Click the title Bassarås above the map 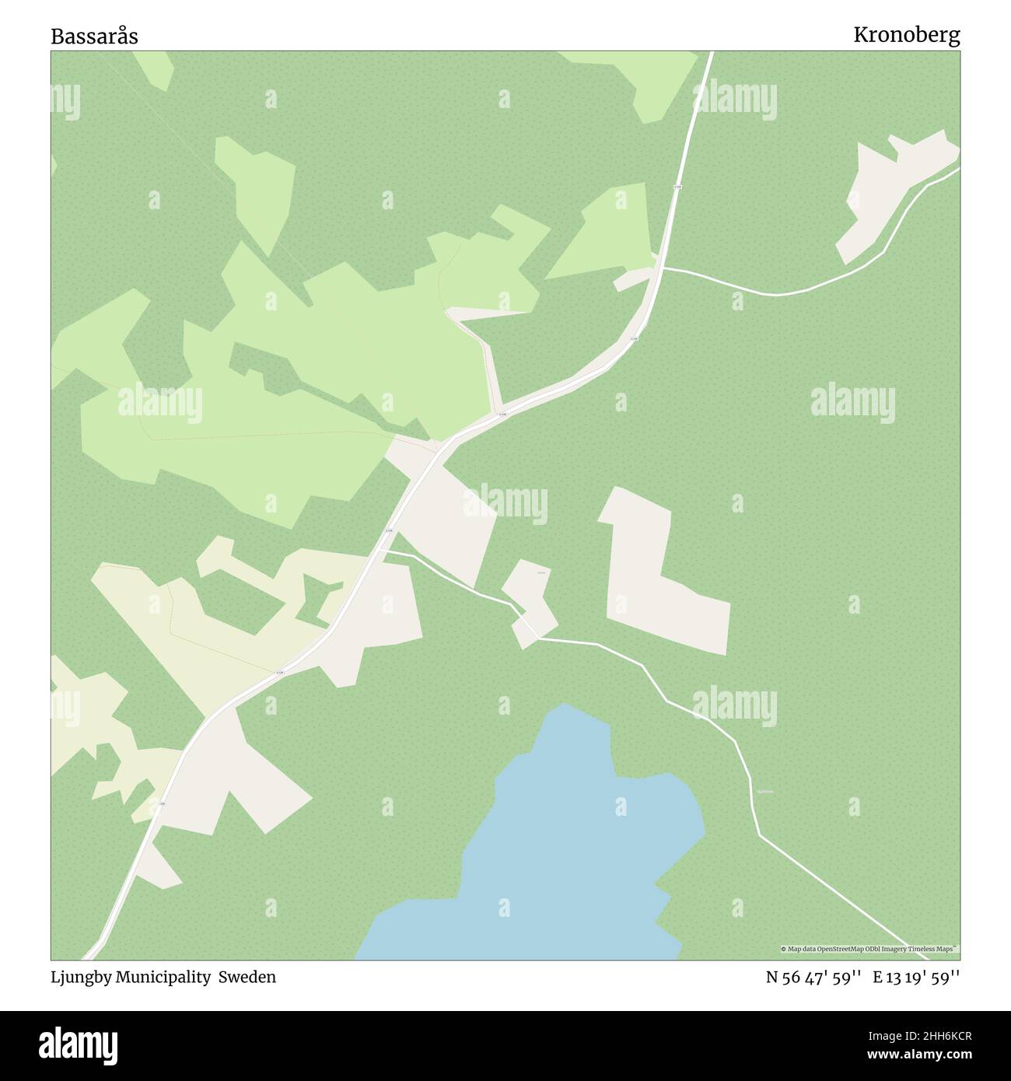[x=94, y=36]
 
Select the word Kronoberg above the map [x=906, y=35]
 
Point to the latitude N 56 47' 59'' [x=813, y=978]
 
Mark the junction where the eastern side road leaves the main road [x=662, y=268]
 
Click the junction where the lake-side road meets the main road [x=383, y=550]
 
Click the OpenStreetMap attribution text [x=869, y=949]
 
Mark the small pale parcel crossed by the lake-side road [x=531, y=603]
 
